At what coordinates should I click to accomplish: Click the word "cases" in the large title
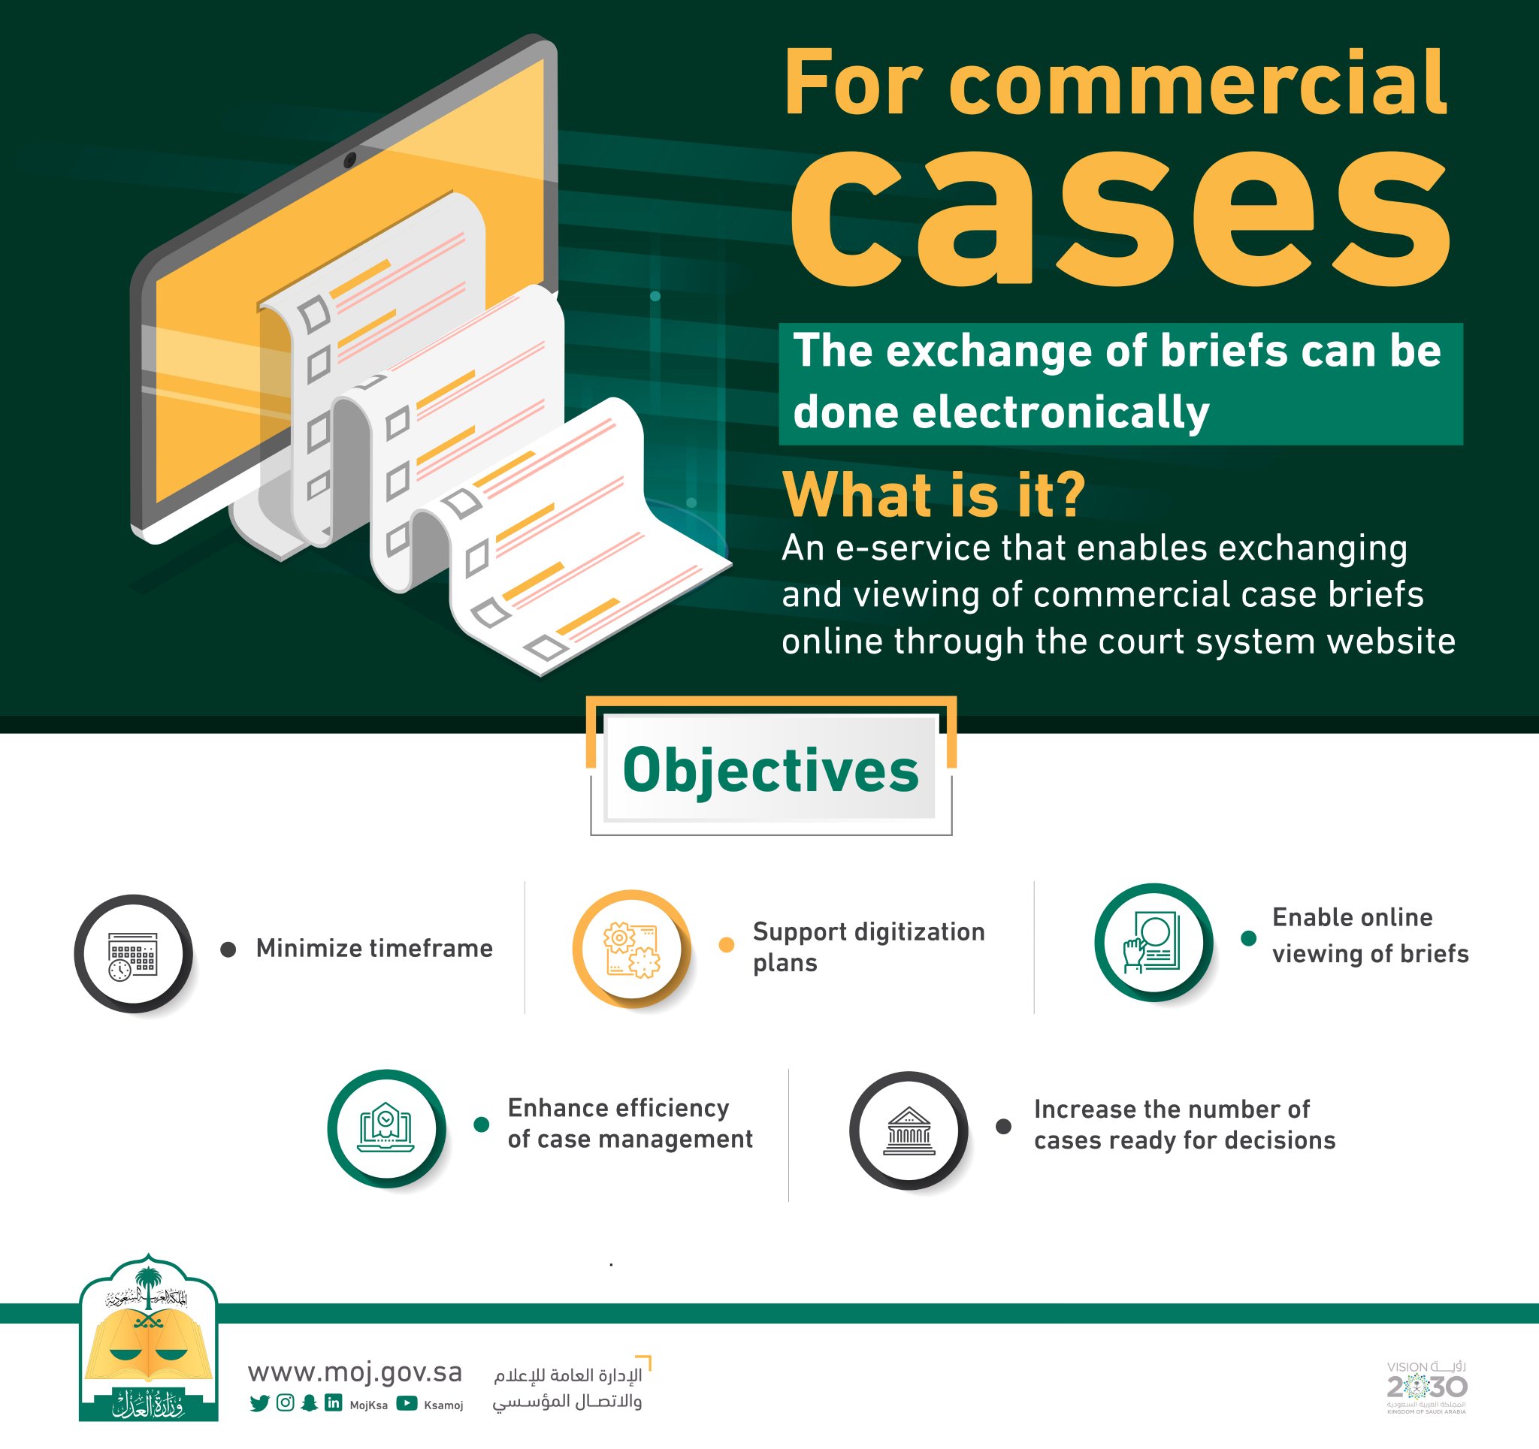(1120, 217)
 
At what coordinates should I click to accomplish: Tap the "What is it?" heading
(933, 494)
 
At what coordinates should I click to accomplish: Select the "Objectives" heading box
(770, 769)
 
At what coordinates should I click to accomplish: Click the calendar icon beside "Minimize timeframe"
(133, 954)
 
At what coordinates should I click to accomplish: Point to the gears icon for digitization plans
(632, 949)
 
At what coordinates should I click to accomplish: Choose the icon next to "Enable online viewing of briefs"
(1153, 941)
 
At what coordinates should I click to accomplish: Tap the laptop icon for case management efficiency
(386, 1128)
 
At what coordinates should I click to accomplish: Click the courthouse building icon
(908, 1130)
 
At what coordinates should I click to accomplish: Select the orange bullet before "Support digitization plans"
(726, 944)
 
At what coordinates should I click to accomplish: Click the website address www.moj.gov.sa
(355, 1372)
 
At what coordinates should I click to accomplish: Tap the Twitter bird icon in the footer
(259, 1404)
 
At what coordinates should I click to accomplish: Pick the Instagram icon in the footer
(285, 1403)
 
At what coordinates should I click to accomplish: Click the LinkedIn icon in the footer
(333, 1403)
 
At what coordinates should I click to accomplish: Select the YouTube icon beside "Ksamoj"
(407, 1403)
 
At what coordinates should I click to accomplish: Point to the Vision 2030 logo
(1426, 1387)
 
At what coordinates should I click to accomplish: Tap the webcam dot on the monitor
(350, 160)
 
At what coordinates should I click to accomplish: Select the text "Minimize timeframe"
(374, 948)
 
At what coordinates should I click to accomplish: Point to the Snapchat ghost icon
(309, 1403)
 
